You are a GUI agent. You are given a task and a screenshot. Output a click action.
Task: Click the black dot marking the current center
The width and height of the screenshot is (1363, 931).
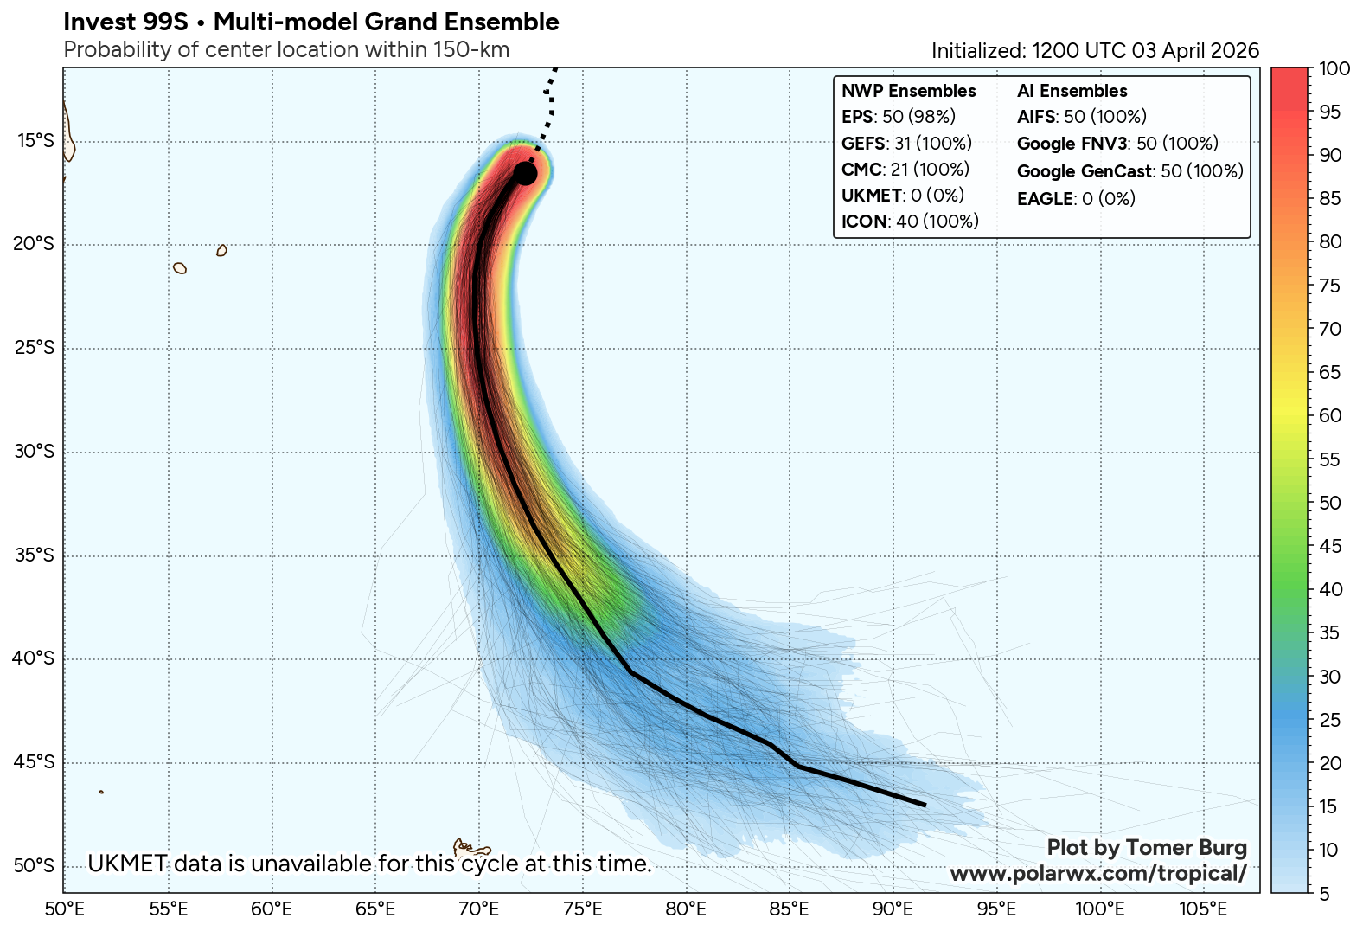[x=525, y=174]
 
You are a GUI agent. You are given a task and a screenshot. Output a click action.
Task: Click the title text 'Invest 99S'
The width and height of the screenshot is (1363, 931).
[x=125, y=22]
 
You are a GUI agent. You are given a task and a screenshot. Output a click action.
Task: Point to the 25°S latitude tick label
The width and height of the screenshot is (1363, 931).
[x=34, y=348]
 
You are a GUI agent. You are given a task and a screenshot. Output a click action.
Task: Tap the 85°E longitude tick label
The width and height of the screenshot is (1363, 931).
[x=789, y=909]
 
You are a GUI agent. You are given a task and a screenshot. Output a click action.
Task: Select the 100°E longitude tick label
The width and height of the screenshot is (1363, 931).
[x=1099, y=909]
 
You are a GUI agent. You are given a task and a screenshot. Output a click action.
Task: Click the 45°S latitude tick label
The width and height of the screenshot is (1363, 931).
[x=34, y=762]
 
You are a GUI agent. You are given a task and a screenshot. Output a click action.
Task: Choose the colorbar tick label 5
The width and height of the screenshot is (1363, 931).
[x=1325, y=894]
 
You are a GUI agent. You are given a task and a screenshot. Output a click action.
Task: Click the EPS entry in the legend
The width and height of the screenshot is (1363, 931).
[x=898, y=117]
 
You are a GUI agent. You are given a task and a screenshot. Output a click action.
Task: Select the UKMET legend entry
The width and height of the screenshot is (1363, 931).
[x=902, y=196]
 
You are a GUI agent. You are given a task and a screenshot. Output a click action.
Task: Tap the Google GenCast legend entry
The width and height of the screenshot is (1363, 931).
[x=1129, y=171]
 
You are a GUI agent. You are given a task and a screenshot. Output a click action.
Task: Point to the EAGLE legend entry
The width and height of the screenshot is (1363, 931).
[x=1076, y=199]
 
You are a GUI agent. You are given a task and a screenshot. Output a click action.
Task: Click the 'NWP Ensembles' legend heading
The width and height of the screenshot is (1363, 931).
[x=908, y=91]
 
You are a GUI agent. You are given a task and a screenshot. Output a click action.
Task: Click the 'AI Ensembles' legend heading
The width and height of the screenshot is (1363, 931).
[x=1072, y=91]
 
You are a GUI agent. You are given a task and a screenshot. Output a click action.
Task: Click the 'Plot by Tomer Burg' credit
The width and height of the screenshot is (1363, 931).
[x=1147, y=848]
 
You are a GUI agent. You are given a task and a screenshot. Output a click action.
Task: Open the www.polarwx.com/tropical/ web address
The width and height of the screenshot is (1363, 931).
[x=1098, y=873]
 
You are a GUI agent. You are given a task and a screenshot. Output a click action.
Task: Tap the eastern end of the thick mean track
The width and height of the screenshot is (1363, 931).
[x=925, y=805]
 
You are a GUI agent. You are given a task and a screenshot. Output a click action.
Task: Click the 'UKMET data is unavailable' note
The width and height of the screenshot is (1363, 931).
[x=369, y=864]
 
